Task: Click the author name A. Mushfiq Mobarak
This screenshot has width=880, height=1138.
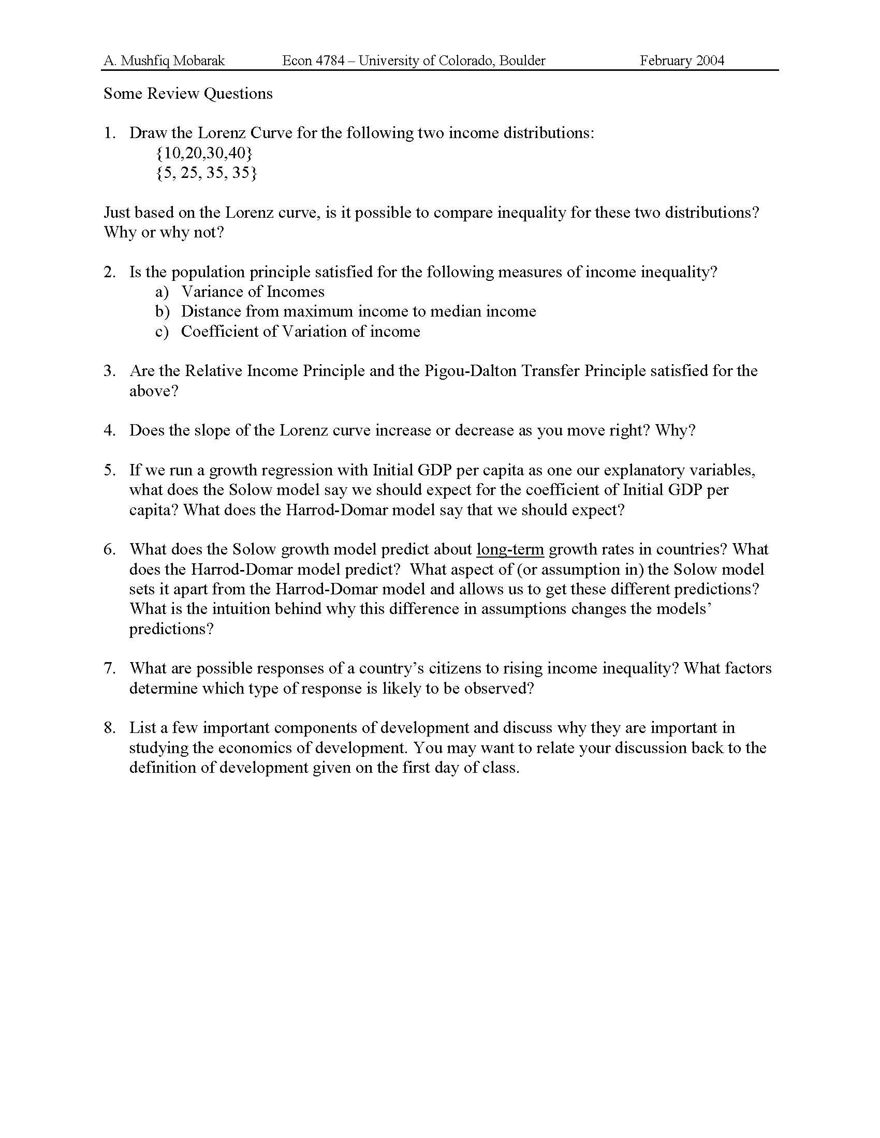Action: pos(164,61)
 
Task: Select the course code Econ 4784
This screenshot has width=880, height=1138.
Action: pos(313,61)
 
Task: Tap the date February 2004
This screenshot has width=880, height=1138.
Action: pos(682,61)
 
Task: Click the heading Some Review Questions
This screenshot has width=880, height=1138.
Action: pos(188,94)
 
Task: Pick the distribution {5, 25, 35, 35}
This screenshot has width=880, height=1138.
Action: pos(206,172)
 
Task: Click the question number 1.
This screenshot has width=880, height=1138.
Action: pos(109,133)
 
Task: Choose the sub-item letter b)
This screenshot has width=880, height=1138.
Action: pos(162,311)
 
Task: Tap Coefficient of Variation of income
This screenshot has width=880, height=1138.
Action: pos(300,332)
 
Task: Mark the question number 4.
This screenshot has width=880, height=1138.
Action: pos(109,430)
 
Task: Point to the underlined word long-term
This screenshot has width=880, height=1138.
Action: pos(510,550)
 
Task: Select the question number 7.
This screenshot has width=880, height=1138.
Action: pos(109,668)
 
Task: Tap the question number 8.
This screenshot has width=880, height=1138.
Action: pos(109,728)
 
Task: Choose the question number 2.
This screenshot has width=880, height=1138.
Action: pos(109,272)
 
